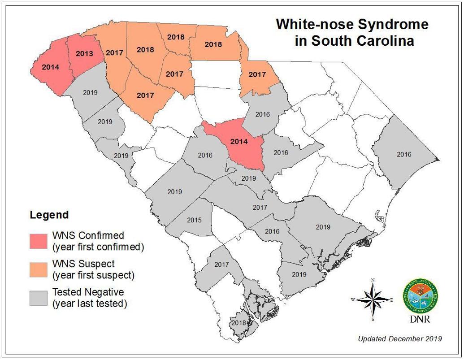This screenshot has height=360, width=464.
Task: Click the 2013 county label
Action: point(84,54)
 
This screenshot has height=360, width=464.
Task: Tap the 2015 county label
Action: point(194,220)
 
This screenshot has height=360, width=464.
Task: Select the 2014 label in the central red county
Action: point(239,141)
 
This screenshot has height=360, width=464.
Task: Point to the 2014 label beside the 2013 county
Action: point(50,67)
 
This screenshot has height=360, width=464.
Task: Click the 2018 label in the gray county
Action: point(239,323)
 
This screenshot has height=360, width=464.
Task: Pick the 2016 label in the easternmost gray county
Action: point(403,154)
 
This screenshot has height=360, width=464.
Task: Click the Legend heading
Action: point(49,215)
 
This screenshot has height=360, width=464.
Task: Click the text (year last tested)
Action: point(90,304)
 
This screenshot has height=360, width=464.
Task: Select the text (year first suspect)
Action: point(93,275)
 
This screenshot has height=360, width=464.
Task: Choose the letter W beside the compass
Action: point(353,299)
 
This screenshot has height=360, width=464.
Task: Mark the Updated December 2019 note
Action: point(399,338)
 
